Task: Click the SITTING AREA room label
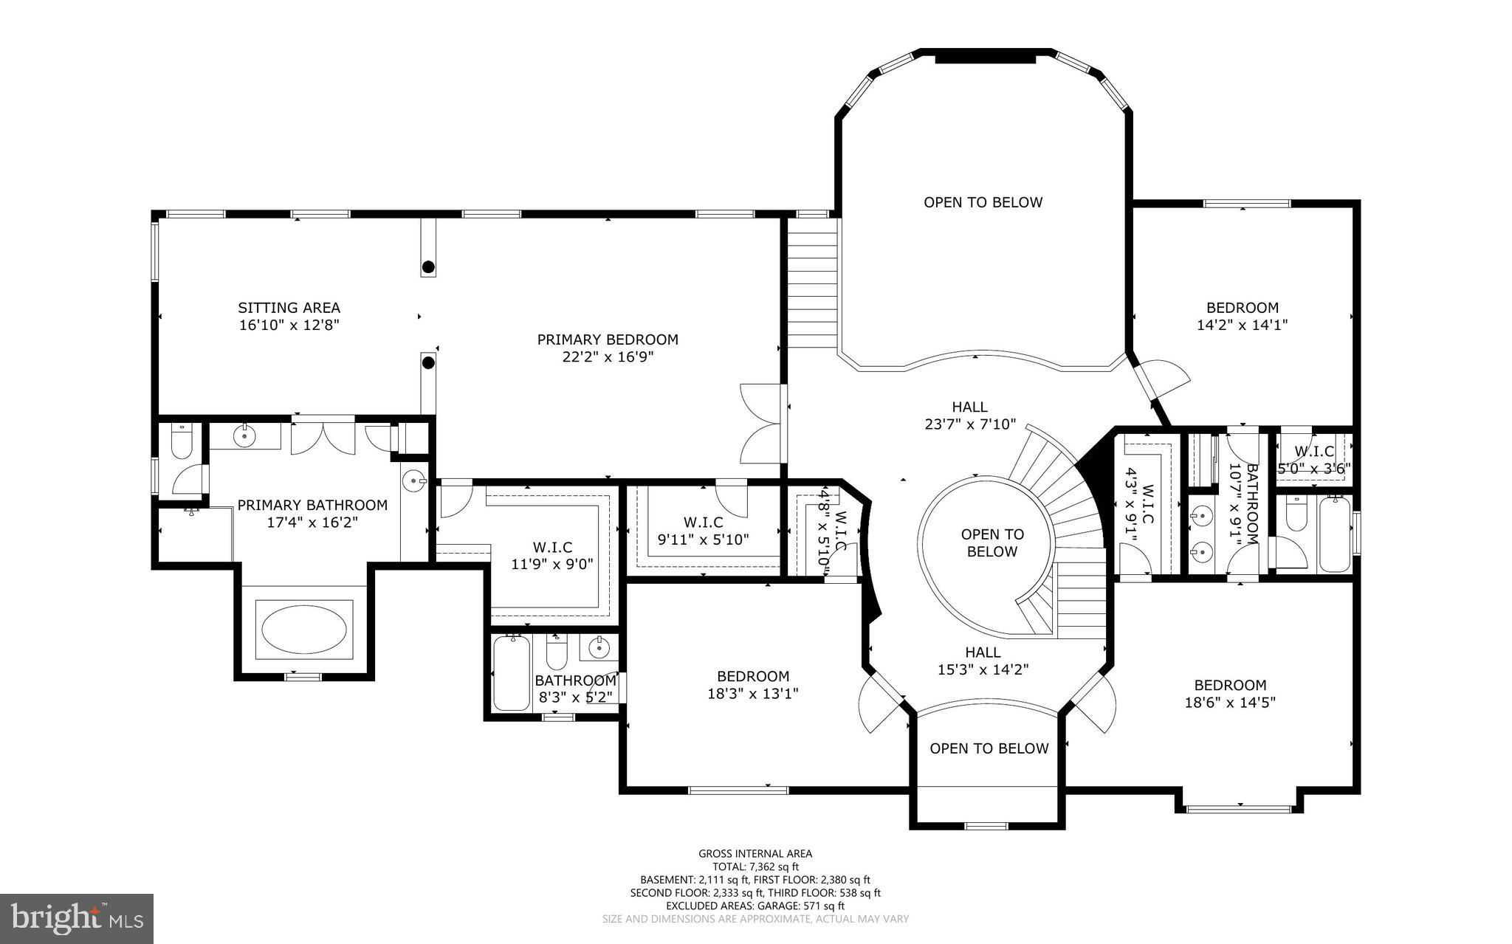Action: point(289,308)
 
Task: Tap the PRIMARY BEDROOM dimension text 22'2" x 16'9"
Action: point(607,357)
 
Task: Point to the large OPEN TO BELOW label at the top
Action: point(983,202)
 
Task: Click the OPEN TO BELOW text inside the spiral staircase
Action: point(992,542)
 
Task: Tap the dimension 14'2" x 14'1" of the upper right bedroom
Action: point(1242,325)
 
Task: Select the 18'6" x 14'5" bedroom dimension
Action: point(1230,703)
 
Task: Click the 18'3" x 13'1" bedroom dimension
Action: point(753,694)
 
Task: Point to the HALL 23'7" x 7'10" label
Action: point(969,416)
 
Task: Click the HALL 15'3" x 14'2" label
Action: point(983,661)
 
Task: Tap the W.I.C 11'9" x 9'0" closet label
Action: point(552,556)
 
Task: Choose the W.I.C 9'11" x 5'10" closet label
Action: point(703,531)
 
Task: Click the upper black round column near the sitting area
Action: point(427,266)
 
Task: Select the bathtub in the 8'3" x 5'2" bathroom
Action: point(511,673)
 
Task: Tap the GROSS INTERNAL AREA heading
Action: point(755,854)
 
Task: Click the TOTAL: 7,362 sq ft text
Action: point(755,867)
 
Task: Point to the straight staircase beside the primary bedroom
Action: point(811,284)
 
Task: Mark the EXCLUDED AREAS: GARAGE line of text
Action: point(755,906)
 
